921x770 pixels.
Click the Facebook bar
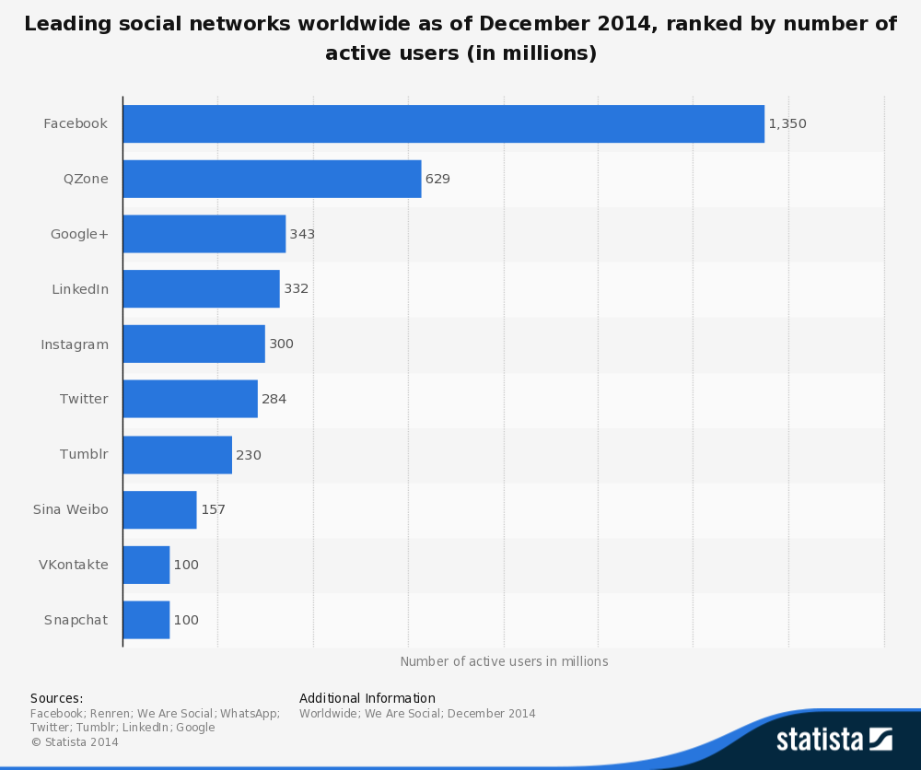[x=443, y=123]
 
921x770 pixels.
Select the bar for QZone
[x=272, y=179]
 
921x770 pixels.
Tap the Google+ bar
[x=204, y=234]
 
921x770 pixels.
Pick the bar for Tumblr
[x=177, y=455]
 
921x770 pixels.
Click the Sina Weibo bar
[x=159, y=509]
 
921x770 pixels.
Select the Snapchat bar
[x=146, y=620]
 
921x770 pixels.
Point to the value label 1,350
[x=787, y=123]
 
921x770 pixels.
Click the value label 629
[x=437, y=179]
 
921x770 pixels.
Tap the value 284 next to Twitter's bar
[x=274, y=399]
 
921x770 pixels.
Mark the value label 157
[x=213, y=509]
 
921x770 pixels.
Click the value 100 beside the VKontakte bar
[x=186, y=565]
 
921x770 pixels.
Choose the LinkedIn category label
[x=80, y=289]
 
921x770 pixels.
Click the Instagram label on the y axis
[x=75, y=344]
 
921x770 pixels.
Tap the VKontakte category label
[x=74, y=565]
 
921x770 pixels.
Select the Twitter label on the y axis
[x=84, y=399]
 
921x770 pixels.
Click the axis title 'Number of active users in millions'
[x=504, y=661]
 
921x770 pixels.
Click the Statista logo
[x=834, y=739]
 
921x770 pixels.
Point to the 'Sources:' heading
[x=56, y=698]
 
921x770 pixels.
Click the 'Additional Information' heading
[x=367, y=698]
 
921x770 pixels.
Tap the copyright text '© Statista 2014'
[x=75, y=741]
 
